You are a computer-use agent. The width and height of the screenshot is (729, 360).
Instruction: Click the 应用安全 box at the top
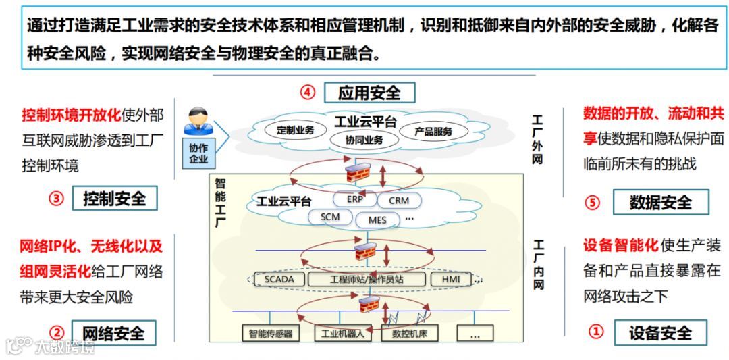(x=369, y=93)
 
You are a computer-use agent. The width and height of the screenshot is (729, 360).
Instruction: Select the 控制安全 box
(x=114, y=199)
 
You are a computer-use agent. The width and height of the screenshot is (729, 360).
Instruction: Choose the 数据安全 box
(x=660, y=202)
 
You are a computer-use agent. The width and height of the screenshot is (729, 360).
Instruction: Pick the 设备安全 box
(x=660, y=332)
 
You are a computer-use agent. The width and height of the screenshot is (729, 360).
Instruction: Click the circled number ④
(x=308, y=93)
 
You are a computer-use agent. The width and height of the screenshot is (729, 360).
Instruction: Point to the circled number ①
(x=595, y=332)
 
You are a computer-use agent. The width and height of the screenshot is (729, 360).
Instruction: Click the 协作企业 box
(x=198, y=154)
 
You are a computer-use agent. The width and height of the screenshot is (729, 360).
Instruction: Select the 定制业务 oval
(x=295, y=130)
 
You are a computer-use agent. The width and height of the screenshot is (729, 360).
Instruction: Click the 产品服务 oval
(x=433, y=132)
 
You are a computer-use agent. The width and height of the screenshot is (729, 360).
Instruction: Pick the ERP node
(x=354, y=199)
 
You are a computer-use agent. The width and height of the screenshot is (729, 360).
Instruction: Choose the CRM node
(x=399, y=201)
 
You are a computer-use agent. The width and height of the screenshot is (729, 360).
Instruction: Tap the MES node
(x=377, y=220)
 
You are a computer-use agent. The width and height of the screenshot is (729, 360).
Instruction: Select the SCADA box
(x=279, y=279)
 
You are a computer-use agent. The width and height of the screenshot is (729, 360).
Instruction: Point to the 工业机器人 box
(x=342, y=333)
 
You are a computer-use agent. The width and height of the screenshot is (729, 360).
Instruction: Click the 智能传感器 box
(x=270, y=333)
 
